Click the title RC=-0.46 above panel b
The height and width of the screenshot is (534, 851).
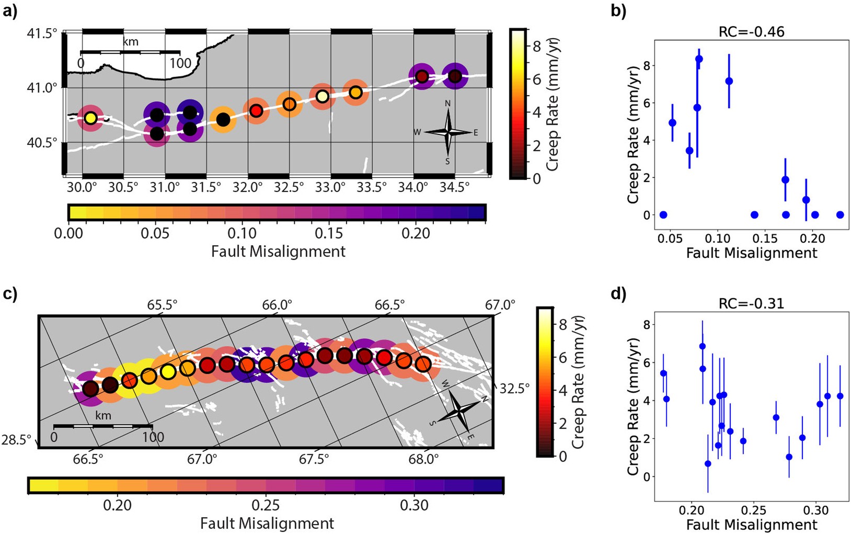coord(751,31)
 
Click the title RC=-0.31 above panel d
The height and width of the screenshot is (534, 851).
coord(751,303)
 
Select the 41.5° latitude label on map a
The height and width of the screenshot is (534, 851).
coord(42,33)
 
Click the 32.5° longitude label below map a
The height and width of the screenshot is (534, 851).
coord(289,188)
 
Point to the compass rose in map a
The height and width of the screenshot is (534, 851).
coord(448,132)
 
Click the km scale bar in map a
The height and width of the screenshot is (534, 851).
coord(130,52)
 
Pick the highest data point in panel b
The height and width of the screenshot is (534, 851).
coord(699,59)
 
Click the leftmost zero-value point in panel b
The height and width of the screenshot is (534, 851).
coord(663,215)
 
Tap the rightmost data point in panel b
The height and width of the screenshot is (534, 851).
coord(840,215)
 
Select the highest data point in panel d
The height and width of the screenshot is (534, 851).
coord(703,346)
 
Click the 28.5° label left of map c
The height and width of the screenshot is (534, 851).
coord(16,440)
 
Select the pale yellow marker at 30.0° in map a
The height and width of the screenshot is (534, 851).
coord(90,118)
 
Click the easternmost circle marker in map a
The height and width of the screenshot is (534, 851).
coord(455,76)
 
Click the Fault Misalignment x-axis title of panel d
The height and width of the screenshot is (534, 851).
coord(751,525)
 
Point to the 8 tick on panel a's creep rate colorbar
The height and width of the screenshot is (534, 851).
coord(537,46)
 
